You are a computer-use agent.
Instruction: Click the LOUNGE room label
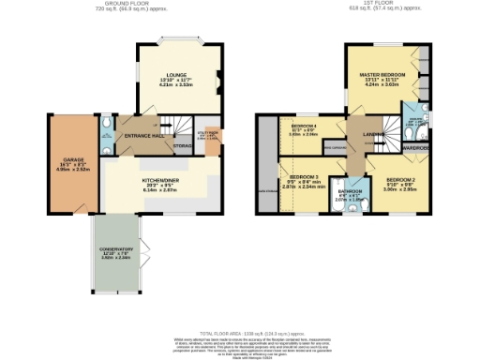coord(177,74)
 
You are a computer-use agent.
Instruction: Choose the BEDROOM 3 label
coord(304,177)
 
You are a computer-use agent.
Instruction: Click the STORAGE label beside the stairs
coord(184,145)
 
